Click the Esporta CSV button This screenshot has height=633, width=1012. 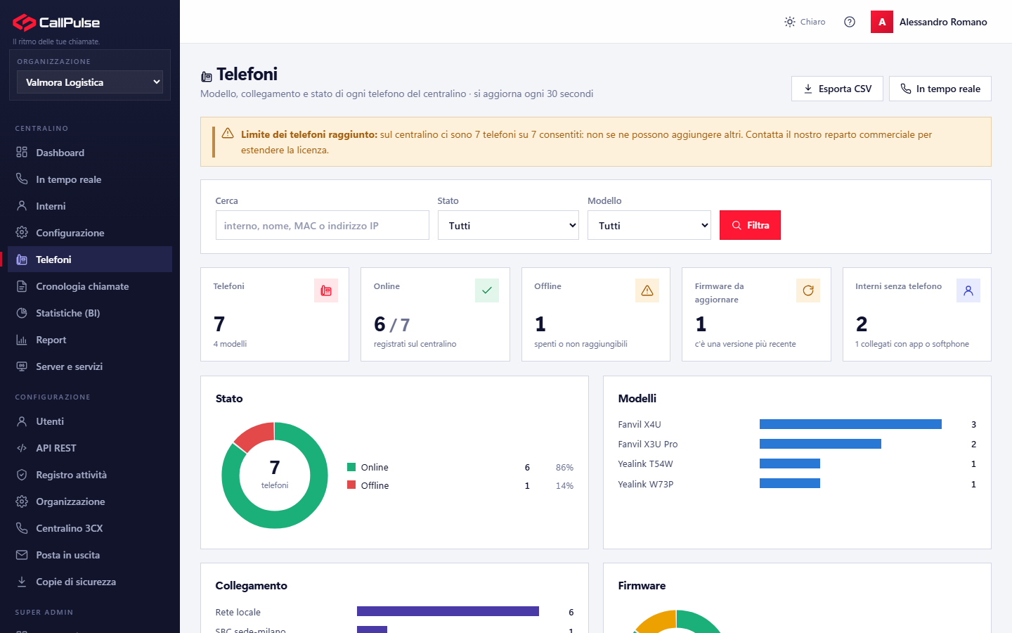click(x=837, y=89)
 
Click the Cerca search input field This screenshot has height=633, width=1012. click(x=322, y=225)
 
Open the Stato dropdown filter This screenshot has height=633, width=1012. click(x=508, y=225)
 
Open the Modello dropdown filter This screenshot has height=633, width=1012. click(x=649, y=225)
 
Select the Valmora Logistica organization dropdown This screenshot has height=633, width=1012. click(x=90, y=82)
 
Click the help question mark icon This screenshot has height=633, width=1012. click(x=850, y=22)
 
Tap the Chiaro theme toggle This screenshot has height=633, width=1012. click(x=805, y=22)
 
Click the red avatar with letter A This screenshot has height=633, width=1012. click(x=881, y=22)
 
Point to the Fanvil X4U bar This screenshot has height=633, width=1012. click(x=850, y=424)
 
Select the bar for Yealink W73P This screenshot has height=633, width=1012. click(x=790, y=484)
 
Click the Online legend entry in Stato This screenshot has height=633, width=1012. click(x=368, y=467)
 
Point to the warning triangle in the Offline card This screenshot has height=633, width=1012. click(x=647, y=290)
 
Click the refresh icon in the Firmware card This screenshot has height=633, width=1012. click(x=807, y=290)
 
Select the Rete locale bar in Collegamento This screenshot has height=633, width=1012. click(x=448, y=611)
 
